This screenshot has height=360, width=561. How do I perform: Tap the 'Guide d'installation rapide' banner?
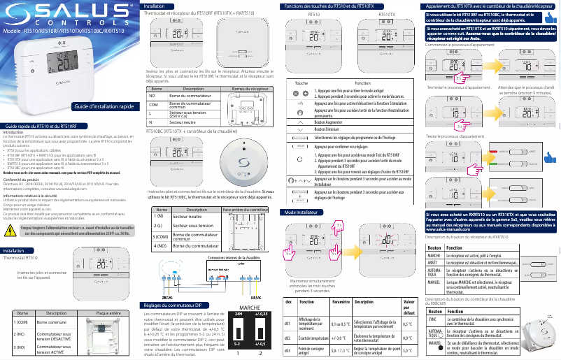click(x=104, y=106)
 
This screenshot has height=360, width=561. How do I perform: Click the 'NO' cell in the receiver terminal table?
click(x=153, y=95)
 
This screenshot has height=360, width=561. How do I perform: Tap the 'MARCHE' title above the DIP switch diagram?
click(x=250, y=308)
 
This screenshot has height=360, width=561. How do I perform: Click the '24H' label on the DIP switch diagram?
click(x=238, y=315)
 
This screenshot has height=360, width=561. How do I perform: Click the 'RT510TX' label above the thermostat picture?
click(x=386, y=13)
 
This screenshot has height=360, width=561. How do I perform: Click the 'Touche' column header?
click(x=301, y=82)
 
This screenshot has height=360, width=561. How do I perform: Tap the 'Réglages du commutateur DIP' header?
click(x=172, y=305)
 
